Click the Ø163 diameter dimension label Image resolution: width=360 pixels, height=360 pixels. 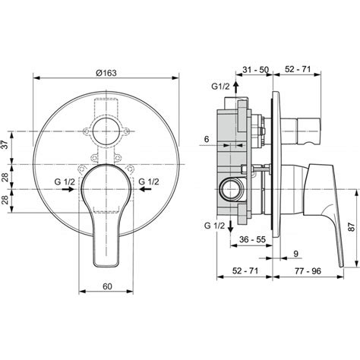tap(106, 73)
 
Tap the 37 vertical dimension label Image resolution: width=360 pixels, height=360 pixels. tap(5, 145)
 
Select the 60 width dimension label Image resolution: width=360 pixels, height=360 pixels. tap(107, 286)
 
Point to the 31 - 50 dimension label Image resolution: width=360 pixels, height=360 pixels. tap(255, 69)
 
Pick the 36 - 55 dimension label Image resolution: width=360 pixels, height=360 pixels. tap(252, 239)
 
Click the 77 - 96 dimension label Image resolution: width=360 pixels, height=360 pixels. tap(308, 271)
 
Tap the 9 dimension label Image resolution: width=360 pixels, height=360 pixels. tap(296, 254)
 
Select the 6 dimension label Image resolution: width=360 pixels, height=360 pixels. tap(207, 139)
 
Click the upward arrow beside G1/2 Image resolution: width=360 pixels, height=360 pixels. tap(236, 88)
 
